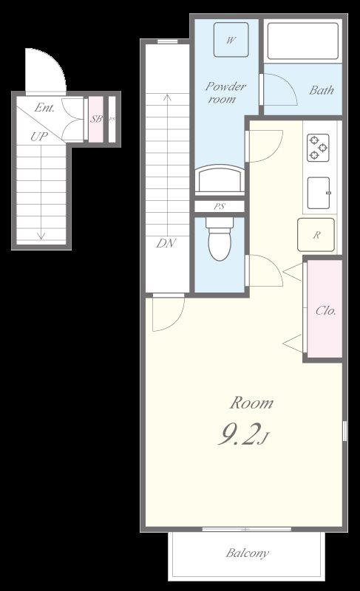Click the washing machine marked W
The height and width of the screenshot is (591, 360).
pyautogui.click(x=231, y=40)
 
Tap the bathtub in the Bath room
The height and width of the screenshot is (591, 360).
pyautogui.click(x=302, y=41)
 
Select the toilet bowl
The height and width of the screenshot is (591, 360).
pyautogui.click(x=220, y=239)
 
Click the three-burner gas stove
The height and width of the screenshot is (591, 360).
pyautogui.click(x=318, y=148)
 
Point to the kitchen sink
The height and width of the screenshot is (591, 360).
pyautogui.click(x=319, y=193)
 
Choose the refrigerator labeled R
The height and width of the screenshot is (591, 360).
pyautogui.click(x=316, y=235)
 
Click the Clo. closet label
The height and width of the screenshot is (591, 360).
pyautogui.click(x=326, y=311)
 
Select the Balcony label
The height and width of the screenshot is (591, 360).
pyautogui.click(x=248, y=553)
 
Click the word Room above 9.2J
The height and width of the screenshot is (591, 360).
pyautogui.click(x=251, y=403)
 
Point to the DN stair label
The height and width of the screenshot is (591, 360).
pyautogui.click(x=166, y=243)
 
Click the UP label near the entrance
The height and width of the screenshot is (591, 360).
pyautogui.click(x=39, y=136)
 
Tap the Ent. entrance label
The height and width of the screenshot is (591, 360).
pyautogui.click(x=44, y=108)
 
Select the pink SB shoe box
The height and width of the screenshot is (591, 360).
pyautogui.click(x=96, y=119)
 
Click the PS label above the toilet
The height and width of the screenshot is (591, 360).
pyautogui.click(x=220, y=207)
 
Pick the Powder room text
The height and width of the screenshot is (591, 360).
pyautogui.click(x=225, y=93)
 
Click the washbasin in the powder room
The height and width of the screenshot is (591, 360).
pyautogui.click(x=220, y=180)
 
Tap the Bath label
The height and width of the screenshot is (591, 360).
pyautogui.click(x=322, y=90)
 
